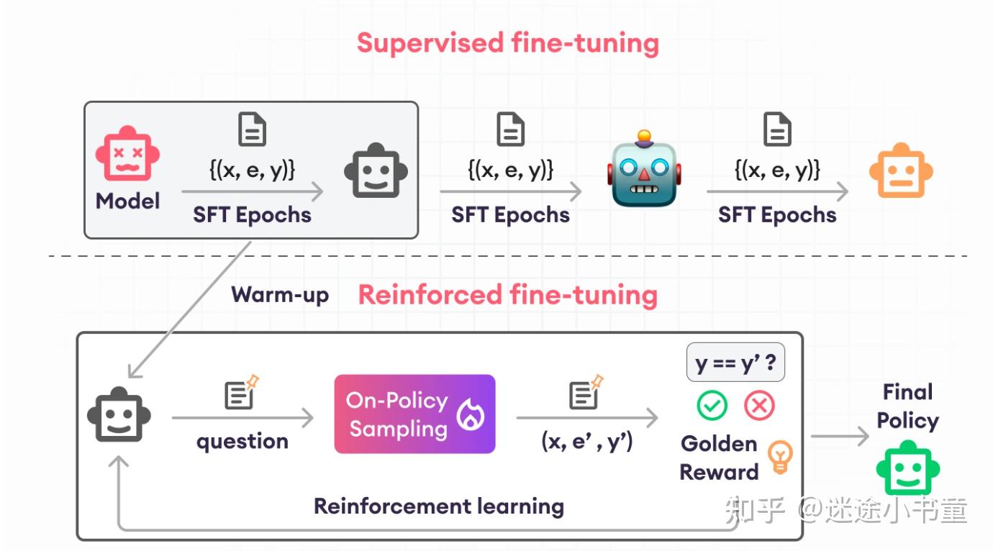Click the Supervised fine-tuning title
[x=507, y=42]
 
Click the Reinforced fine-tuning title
[x=507, y=295]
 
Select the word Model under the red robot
[x=127, y=201]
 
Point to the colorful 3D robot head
[x=643, y=170]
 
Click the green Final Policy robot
[x=907, y=468]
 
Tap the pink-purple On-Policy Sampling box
[x=414, y=414]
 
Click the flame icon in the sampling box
[x=471, y=415]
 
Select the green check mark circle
[x=712, y=406]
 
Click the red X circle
[x=758, y=406]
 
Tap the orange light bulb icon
[x=780, y=457]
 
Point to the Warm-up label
[x=280, y=294]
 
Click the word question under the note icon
[x=242, y=440]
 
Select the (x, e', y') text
[x=586, y=440]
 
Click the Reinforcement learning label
[x=439, y=506]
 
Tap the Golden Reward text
[x=719, y=457]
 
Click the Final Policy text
[x=907, y=406]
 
